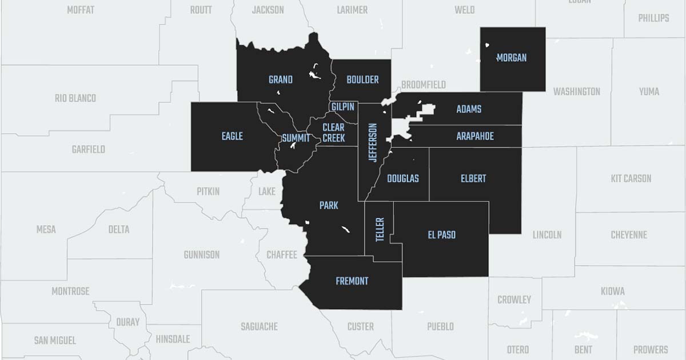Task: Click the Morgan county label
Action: point(511,58)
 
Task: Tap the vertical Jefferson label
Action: point(373,143)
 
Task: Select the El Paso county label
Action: point(441,234)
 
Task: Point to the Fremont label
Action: point(352,281)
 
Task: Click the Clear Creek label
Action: point(333,133)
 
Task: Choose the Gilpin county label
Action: point(343,107)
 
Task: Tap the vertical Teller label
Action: point(380,230)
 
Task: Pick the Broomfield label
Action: point(423,85)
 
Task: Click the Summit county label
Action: point(296,138)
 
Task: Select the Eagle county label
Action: point(232,136)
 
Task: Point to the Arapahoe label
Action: point(474,137)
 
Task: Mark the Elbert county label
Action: point(473,178)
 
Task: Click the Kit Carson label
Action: point(631,178)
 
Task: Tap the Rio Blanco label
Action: point(75,98)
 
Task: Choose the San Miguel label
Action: point(55,341)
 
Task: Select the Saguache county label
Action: point(259,327)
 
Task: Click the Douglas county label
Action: point(402,178)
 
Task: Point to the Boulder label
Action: point(362,80)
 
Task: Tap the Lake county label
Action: point(266,191)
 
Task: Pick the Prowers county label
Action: point(650,349)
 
